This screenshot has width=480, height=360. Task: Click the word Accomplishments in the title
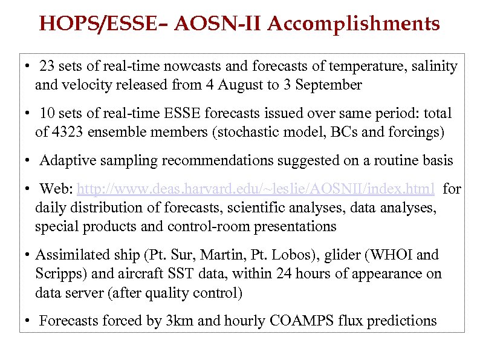tap(354, 24)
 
